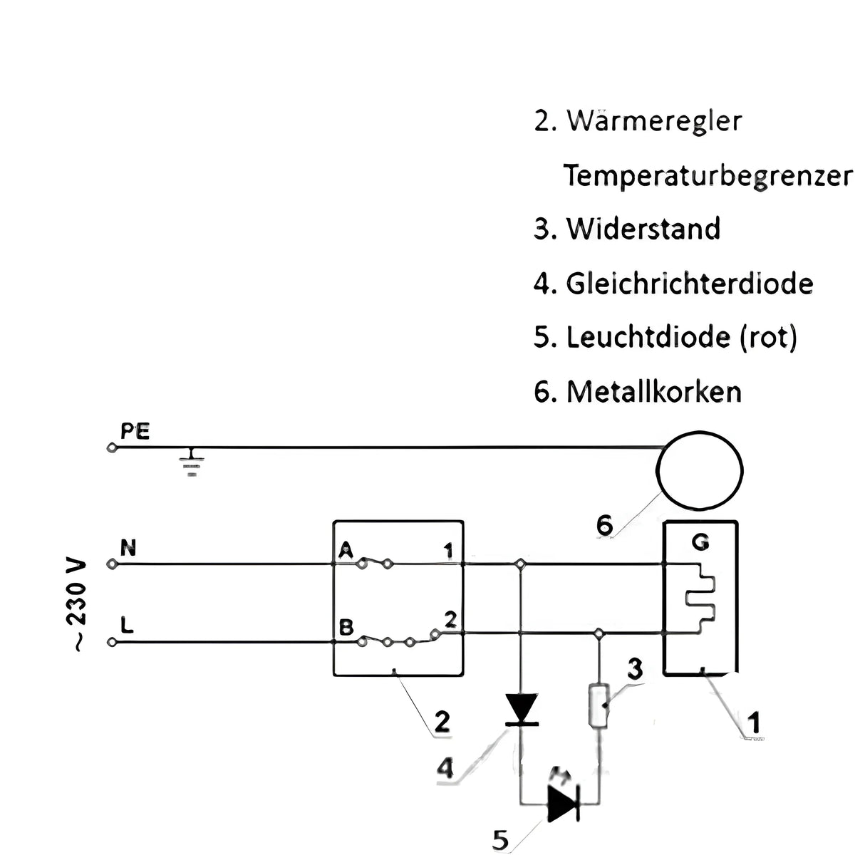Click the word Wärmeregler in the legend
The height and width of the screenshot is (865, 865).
pyautogui.click(x=653, y=120)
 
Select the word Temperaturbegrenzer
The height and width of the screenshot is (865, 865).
pyautogui.click(x=707, y=175)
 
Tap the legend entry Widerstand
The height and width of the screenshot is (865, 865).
pyautogui.click(x=643, y=229)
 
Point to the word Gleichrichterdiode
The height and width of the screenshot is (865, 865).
pyautogui.click(x=689, y=284)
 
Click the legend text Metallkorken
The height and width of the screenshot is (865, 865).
pyautogui.click(x=653, y=392)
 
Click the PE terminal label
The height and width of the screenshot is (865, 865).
pyautogui.click(x=135, y=432)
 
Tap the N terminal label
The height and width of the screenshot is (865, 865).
pyautogui.click(x=129, y=548)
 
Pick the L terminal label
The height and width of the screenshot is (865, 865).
pyautogui.click(x=127, y=626)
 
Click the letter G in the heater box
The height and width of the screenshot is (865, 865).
pyautogui.click(x=700, y=543)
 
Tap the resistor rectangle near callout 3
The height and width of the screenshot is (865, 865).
pyautogui.click(x=597, y=705)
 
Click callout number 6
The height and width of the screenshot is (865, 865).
pyautogui.click(x=604, y=525)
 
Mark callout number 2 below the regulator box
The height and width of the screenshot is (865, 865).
pyautogui.click(x=442, y=722)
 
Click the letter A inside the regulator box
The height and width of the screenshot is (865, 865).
pyautogui.click(x=346, y=549)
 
